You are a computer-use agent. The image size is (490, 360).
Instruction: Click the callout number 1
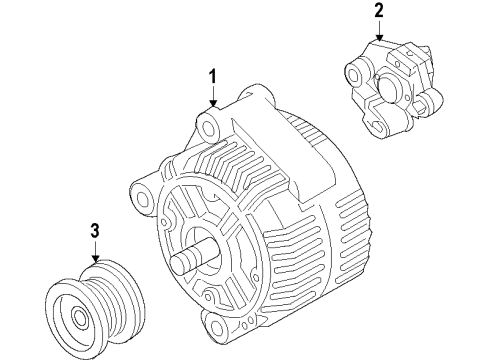click(x=213, y=76)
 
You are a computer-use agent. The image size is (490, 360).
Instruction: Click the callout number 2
click(x=379, y=11)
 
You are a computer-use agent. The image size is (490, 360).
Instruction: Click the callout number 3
click(x=94, y=232)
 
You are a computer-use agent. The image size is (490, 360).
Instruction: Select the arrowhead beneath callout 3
click(x=94, y=260)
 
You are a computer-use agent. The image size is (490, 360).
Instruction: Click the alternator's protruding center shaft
click(x=190, y=261)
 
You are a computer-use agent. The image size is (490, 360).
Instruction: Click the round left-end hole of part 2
click(x=352, y=71)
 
